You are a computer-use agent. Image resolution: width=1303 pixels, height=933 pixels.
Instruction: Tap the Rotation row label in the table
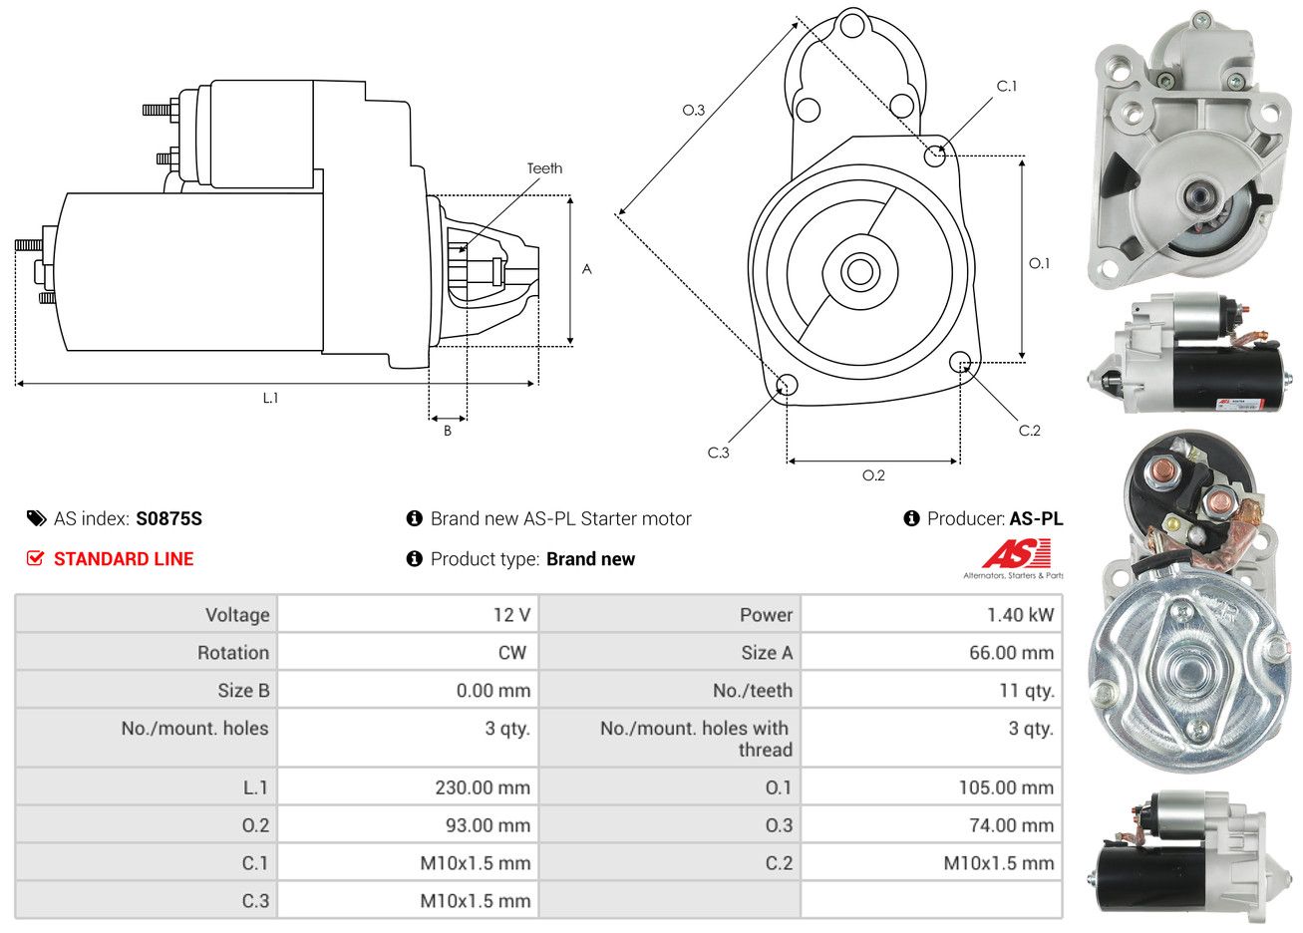[233, 653]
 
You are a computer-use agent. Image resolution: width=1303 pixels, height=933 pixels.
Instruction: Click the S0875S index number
[168, 518]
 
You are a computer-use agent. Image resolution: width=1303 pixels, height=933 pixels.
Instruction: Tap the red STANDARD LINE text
[124, 559]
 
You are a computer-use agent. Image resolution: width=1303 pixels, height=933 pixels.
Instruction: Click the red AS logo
[1016, 554]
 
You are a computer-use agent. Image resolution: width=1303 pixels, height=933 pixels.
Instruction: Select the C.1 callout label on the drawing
[1006, 86]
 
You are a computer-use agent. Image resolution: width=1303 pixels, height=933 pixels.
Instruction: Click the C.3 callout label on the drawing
[718, 453]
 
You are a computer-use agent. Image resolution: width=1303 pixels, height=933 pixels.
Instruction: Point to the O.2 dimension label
[873, 475]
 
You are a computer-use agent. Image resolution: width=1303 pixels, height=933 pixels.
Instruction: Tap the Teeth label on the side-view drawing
[544, 168]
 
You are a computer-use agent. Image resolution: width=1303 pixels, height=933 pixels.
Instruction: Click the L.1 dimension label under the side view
[270, 398]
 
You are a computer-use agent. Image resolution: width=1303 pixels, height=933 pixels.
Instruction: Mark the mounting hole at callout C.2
[960, 362]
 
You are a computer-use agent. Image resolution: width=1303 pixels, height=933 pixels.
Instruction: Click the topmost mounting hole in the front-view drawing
[852, 26]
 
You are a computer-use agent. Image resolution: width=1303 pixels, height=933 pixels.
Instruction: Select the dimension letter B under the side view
[448, 431]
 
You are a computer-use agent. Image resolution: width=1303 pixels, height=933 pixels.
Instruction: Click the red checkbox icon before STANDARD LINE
[35, 558]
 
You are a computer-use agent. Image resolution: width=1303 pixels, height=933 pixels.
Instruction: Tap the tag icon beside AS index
[36, 518]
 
